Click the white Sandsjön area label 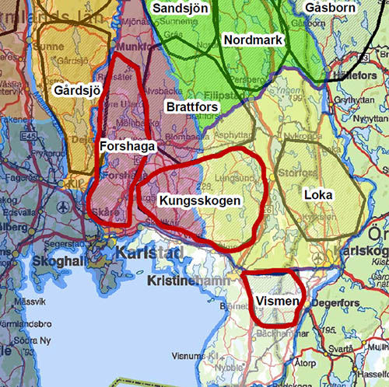181,7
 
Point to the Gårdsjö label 78,91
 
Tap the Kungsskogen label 200,200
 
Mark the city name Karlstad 147,253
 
